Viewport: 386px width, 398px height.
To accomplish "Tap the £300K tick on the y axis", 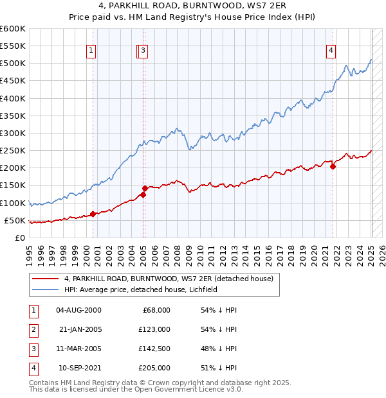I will pos(13,133).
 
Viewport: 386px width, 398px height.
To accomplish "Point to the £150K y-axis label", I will pos(13,186).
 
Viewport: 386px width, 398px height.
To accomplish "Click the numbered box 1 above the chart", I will pos(91,52).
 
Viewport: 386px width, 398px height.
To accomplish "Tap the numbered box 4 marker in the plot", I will pos(331,52).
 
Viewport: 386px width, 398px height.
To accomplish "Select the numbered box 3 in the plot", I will pos(143,52).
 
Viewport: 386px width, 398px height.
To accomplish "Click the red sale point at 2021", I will pos(333,166).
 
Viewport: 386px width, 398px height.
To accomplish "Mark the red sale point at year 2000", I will pos(93,214).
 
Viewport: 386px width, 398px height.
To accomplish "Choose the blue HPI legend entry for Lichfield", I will pos(142,290).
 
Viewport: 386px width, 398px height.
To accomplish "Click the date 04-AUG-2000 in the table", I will pos(78,310).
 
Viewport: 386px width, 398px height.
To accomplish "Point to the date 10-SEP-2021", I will pos(78,368).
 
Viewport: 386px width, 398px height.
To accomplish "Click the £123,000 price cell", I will pos(153,329).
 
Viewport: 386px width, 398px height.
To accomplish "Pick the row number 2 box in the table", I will pos(32,329).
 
